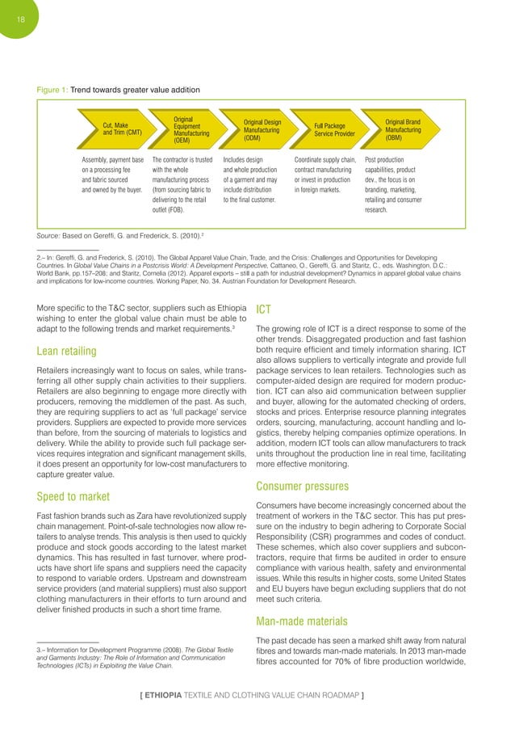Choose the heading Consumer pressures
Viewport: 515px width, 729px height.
tap(303, 487)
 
